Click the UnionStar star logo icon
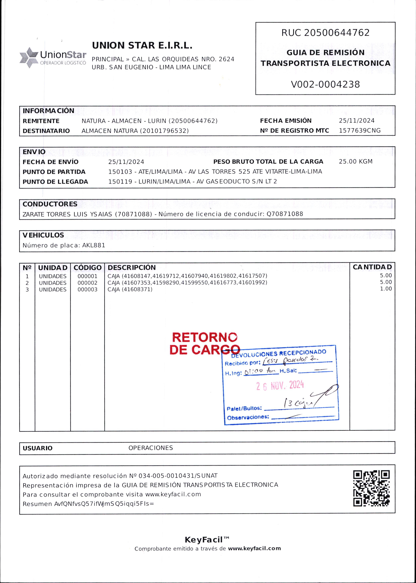[x=29, y=57]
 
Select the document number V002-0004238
[x=325, y=84]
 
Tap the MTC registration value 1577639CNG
[x=360, y=130]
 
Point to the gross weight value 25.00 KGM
[x=356, y=161]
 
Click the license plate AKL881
[x=94, y=245]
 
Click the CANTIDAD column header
[x=372, y=267]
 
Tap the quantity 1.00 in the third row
[x=386, y=289]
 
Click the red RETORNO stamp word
[x=204, y=337]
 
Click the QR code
[x=371, y=488]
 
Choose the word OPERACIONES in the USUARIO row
[x=151, y=448]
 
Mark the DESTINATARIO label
[x=46, y=131]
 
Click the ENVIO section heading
[x=34, y=152]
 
